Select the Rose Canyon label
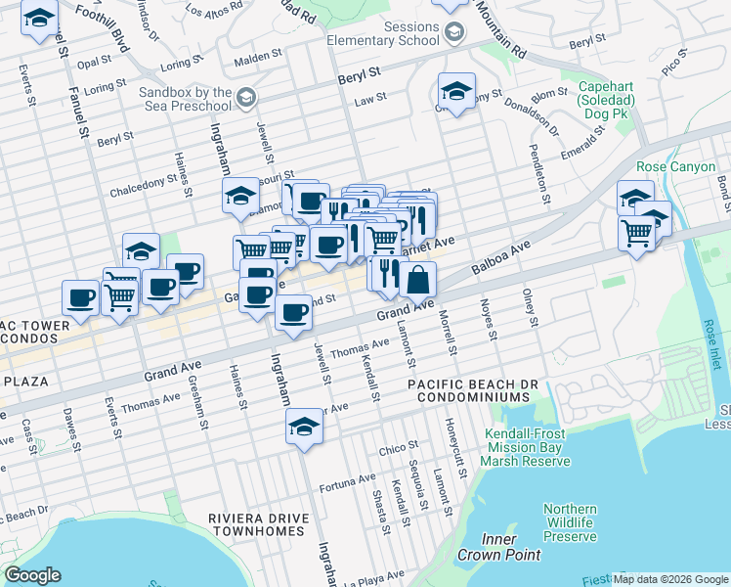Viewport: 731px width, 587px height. coord(675,167)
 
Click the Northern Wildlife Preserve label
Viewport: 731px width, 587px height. coord(570,522)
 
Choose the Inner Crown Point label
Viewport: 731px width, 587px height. coord(511,547)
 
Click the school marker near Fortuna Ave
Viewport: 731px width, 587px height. coord(304,427)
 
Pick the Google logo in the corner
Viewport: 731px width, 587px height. coord(33,575)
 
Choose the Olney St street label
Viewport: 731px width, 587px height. coord(531,307)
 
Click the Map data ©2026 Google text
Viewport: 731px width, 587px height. coord(670,579)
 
